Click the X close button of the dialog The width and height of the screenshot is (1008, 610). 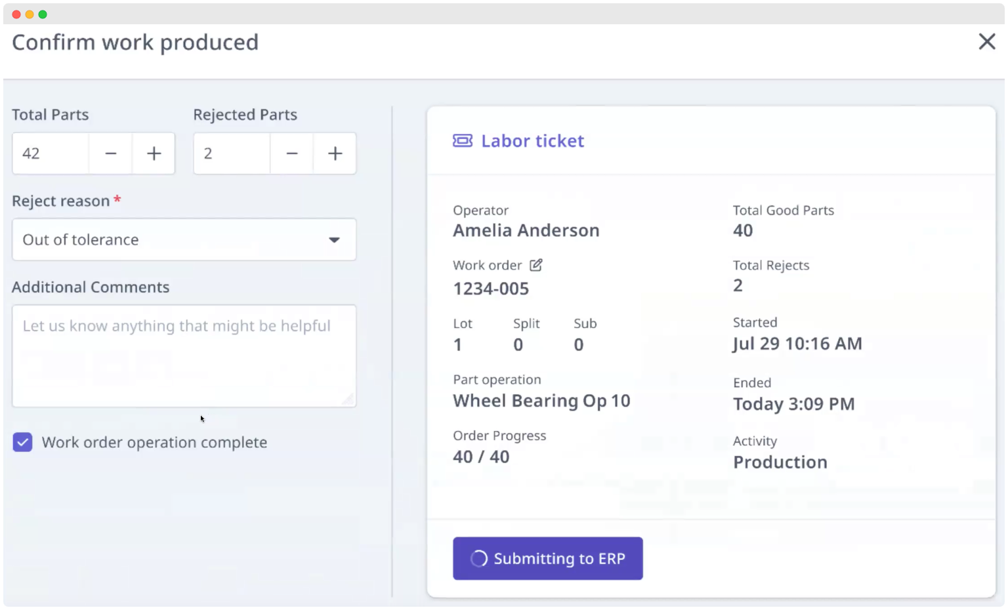point(986,42)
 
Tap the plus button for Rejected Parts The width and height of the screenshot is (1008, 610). point(335,153)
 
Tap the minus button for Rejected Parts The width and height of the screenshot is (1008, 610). point(292,153)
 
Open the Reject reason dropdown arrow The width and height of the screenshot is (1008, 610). point(334,240)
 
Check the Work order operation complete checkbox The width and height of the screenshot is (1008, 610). point(23,443)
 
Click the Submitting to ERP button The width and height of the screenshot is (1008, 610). point(547,558)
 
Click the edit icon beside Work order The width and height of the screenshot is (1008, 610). point(536,265)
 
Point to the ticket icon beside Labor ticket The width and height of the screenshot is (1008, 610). point(463,140)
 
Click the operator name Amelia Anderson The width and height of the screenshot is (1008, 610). point(526,230)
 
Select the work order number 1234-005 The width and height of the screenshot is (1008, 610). point(491,289)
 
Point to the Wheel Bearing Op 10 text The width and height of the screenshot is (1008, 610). point(541,401)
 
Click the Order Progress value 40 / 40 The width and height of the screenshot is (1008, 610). point(481,457)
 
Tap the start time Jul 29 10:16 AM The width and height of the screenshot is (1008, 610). point(797,344)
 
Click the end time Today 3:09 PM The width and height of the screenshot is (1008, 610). point(793,404)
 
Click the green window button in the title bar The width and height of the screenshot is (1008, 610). point(43,14)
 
